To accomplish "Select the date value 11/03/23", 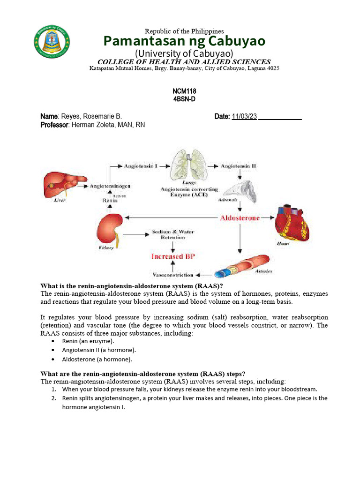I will coord(244,117).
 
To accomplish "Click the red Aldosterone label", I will coord(240,218).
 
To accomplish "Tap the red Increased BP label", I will coord(172,256).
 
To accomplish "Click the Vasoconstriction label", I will coord(173,274).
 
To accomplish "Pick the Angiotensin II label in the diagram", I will coord(238,166).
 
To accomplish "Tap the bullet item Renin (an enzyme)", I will coord(88,341).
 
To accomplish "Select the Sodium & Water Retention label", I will coord(172,234).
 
